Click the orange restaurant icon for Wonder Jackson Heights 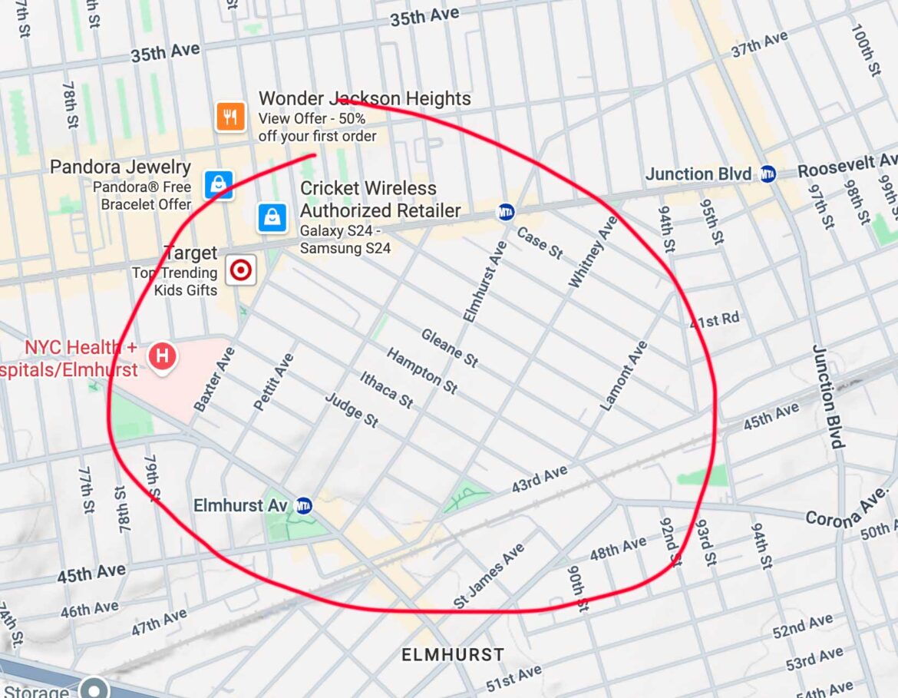point(230,117)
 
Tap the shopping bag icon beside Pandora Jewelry point(218,184)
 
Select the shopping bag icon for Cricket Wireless point(272,217)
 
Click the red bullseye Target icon point(240,270)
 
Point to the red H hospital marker point(162,356)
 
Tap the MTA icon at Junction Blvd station point(767,174)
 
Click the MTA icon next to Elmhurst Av point(304,505)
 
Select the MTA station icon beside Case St point(506,212)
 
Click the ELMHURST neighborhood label point(453,655)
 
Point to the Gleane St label point(450,348)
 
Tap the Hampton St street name point(422,371)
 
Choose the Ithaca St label point(387,389)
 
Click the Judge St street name point(352,410)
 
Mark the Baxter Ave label point(214,379)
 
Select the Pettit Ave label point(274,382)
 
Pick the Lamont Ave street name point(623,376)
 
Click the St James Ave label point(489,576)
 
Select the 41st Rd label point(715,320)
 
